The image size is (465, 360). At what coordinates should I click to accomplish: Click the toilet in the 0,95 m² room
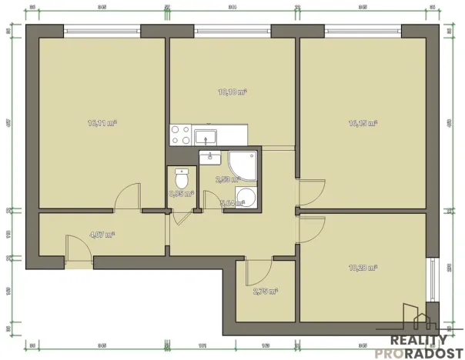point(182,178)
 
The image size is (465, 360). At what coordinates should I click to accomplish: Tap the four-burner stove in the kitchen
point(181,135)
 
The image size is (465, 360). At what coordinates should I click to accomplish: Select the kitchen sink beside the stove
point(206,136)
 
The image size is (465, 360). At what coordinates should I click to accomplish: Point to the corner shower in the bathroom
point(243,163)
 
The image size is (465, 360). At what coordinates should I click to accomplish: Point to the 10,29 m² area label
point(362,268)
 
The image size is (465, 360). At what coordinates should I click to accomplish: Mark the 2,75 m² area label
point(265,292)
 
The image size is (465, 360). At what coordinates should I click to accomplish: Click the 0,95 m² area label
point(182,194)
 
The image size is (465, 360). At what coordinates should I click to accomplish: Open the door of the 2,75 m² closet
point(256,269)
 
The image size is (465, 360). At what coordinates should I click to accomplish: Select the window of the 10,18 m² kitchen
point(232,32)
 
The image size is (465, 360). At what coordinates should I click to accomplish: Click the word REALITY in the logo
point(420,339)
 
